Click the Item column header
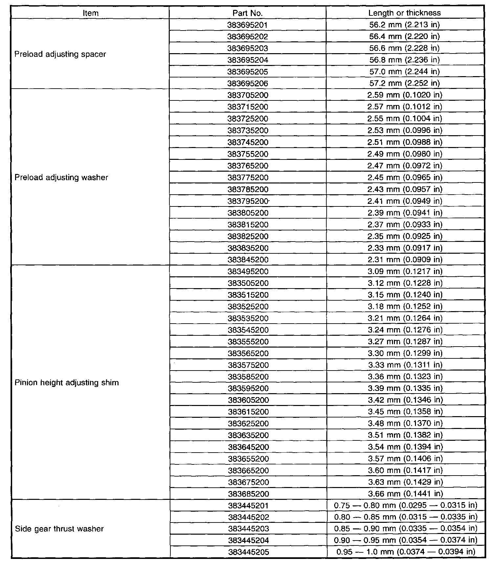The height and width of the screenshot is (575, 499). click(x=91, y=13)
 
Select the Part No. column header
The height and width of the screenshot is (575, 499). click(x=248, y=13)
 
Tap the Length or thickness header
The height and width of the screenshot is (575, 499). click(x=404, y=13)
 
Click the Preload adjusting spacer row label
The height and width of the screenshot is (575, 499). click(x=60, y=54)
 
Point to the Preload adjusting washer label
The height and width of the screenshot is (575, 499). click(x=61, y=178)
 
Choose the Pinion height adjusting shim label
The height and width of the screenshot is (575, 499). click(x=67, y=382)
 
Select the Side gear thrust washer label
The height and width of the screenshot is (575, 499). click(x=59, y=529)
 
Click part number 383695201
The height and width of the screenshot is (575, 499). click(x=248, y=25)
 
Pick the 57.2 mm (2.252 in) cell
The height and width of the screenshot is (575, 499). click(x=404, y=83)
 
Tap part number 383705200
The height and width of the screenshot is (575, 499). click(x=248, y=95)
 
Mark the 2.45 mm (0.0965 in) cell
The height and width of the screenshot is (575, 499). click(x=405, y=178)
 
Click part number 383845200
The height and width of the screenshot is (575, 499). click(x=248, y=260)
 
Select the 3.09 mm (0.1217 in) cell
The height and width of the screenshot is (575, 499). click(x=405, y=271)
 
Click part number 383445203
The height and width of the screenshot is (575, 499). click(x=249, y=529)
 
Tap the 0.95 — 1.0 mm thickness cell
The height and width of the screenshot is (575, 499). click(x=406, y=552)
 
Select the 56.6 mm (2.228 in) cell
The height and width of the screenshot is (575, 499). click(x=404, y=48)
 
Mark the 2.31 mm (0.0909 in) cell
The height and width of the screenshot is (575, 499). click(x=405, y=260)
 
